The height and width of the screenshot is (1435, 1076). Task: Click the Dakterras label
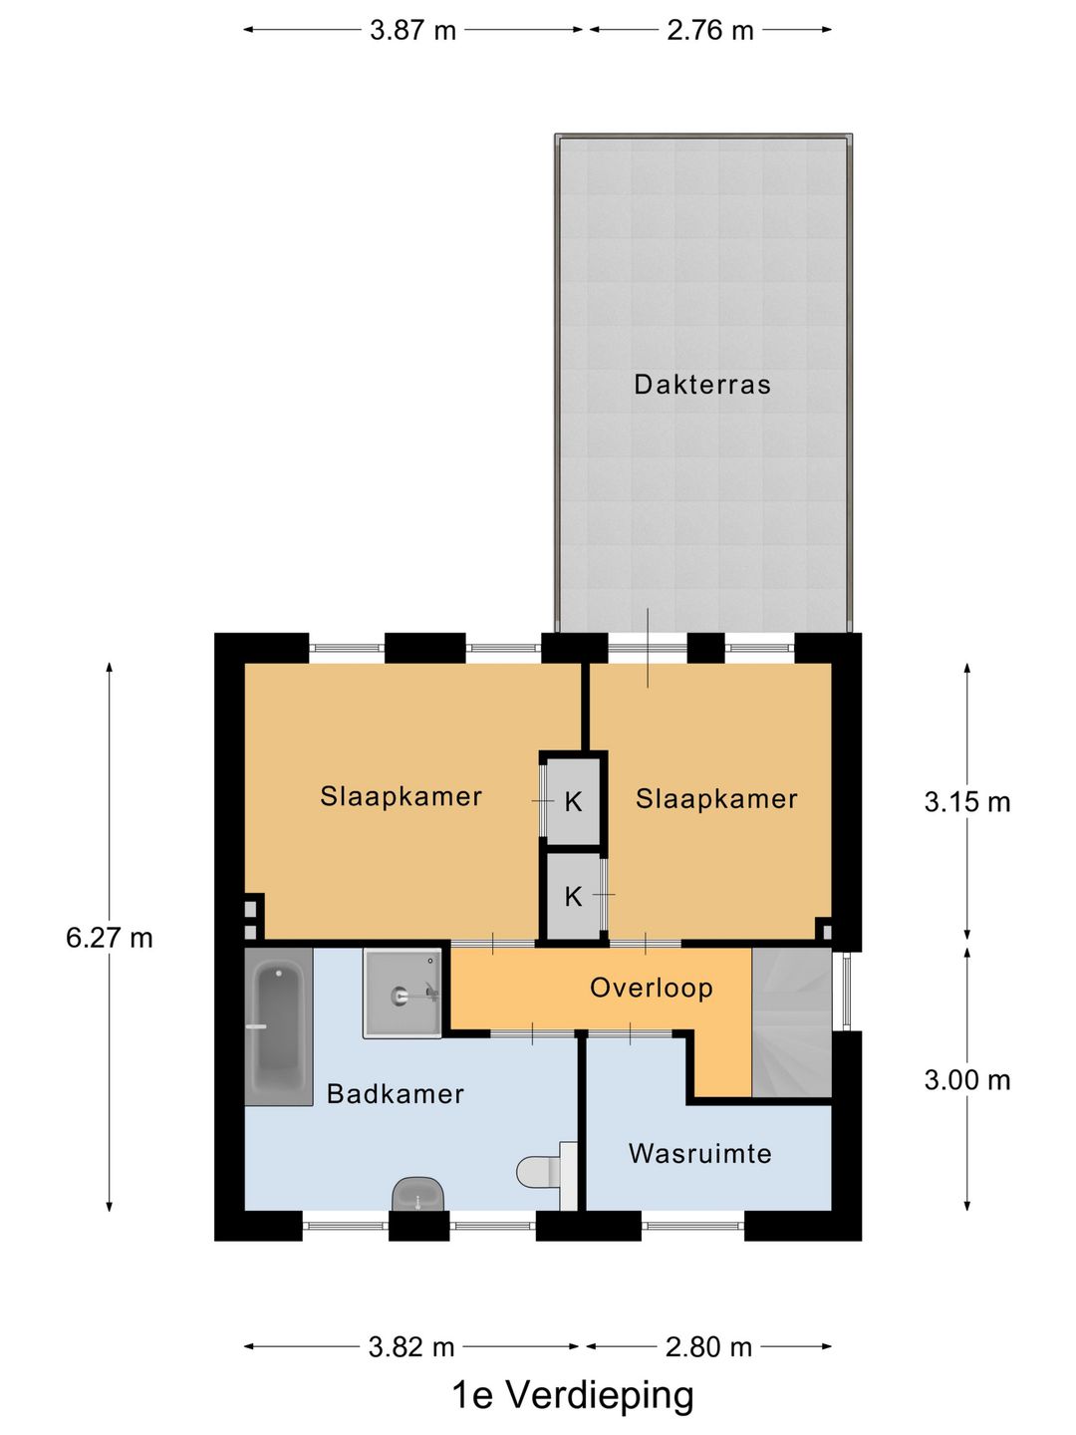(x=702, y=385)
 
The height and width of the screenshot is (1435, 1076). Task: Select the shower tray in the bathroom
(x=402, y=994)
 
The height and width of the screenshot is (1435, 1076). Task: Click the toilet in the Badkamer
(x=539, y=1171)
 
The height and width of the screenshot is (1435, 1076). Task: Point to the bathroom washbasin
(x=417, y=1194)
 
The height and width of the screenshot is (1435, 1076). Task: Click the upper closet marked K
(x=573, y=801)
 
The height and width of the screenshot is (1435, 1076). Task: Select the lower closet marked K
(x=573, y=896)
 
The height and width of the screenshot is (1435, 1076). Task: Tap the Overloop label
(x=652, y=988)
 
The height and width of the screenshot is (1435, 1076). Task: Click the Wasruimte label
(x=700, y=1154)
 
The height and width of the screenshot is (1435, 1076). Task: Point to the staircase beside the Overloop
(x=791, y=1022)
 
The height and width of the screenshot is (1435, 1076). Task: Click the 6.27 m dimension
(x=110, y=938)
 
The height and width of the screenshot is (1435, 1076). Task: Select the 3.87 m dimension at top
(x=412, y=30)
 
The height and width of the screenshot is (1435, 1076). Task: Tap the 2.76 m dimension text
(x=710, y=30)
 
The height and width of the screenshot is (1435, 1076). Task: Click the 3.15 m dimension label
(x=966, y=802)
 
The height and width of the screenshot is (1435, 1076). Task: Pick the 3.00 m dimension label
(x=966, y=1080)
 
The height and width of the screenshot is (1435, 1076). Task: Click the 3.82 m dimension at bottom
(x=411, y=1347)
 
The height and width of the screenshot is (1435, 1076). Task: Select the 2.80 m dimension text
(x=708, y=1347)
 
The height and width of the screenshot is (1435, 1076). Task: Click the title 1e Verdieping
(x=573, y=1395)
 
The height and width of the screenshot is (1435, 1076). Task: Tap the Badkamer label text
(x=396, y=1094)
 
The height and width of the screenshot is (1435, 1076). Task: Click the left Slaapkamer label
(x=401, y=796)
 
